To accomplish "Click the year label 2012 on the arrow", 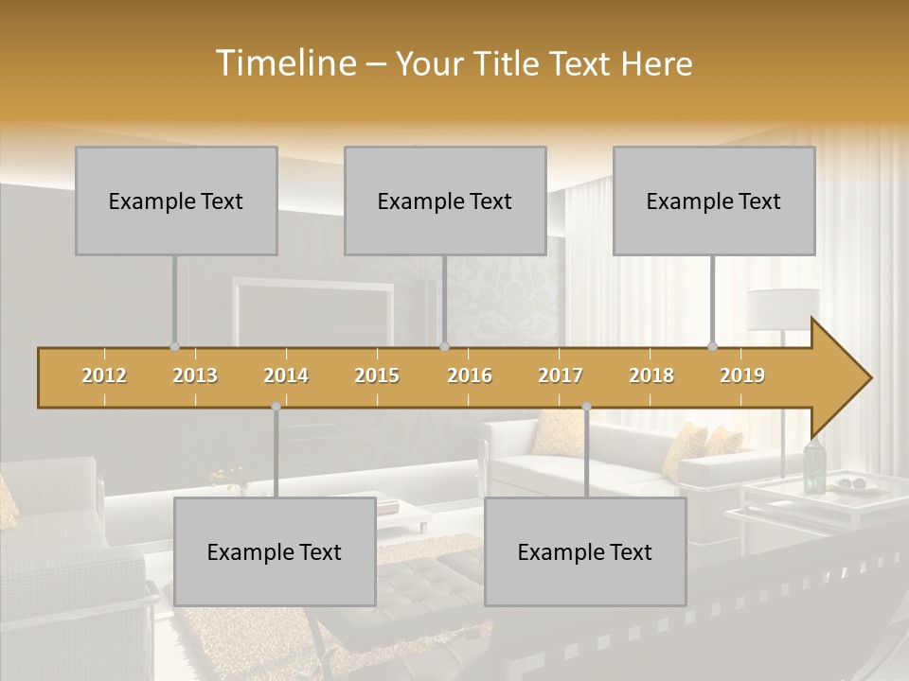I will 104,375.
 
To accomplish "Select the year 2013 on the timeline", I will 195,375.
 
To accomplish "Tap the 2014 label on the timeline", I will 286,375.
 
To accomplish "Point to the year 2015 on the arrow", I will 377,375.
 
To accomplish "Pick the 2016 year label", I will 470,375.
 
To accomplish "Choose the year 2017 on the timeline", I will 561,375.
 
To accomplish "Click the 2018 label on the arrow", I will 651,375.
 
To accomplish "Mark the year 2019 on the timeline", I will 742,375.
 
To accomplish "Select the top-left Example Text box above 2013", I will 176,201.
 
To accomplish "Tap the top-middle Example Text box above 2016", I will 445,201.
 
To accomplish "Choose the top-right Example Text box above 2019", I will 714,201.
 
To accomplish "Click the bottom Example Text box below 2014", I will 275,551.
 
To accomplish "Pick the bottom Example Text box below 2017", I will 585,551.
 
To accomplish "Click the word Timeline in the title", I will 284,63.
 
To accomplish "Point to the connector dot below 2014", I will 276,407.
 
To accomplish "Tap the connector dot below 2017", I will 586,407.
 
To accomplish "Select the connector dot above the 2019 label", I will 713,346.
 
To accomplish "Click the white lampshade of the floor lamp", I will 783,308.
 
